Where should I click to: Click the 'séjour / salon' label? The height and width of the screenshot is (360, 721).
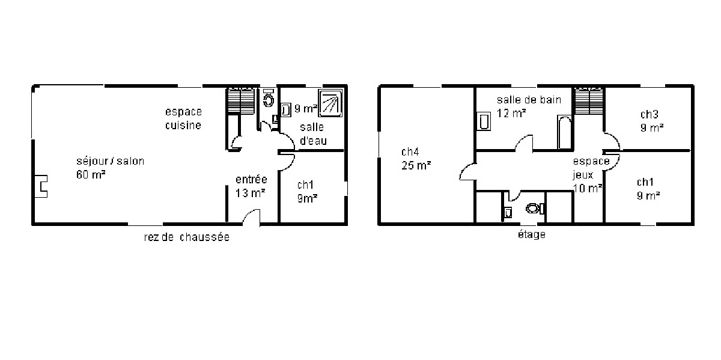[x=110, y=161]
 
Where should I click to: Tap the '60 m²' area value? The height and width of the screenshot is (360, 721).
[x=91, y=174]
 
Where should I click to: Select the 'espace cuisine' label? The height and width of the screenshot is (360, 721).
[x=183, y=118]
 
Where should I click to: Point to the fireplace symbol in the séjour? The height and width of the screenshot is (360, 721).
[x=41, y=186]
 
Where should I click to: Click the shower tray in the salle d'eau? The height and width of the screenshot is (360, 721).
[x=330, y=103]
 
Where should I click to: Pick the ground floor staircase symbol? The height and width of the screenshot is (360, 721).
[x=242, y=100]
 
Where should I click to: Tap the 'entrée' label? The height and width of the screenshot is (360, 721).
[x=251, y=179]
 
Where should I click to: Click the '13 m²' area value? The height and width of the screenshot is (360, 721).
[x=250, y=193]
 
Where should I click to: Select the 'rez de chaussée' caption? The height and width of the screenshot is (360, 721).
[x=187, y=237]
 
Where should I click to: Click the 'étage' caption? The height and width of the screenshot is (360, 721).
[x=532, y=234]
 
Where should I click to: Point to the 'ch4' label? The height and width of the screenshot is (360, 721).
[x=410, y=151]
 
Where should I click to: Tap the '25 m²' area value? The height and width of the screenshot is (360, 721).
[x=416, y=165]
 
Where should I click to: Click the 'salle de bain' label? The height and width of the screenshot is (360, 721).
[x=529, y=100]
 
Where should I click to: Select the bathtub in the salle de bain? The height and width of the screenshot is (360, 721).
[x=565, y=132]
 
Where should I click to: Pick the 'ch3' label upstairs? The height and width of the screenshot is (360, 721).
[x=650, y=114]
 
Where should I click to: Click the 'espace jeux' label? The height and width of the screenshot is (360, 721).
[x=591, y=168]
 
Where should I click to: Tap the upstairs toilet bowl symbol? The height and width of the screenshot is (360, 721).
[x=534, y=209]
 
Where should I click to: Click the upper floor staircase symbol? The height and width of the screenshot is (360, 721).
[x=589, y=101]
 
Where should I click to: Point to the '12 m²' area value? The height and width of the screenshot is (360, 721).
[x=511, y=114]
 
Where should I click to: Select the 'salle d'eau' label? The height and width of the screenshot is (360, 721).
[x=313, y=134]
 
